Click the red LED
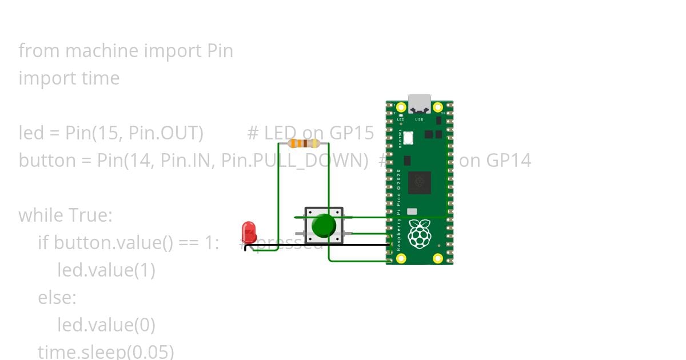[249, 232]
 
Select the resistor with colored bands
[304, 143]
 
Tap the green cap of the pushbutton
[324, 226]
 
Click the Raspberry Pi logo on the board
[420, 233]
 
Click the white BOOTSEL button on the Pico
[408, 138]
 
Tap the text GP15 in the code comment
[352, 133]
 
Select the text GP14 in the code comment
[509, 161]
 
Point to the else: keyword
[57, 298]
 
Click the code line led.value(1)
[106, 270]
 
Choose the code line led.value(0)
[106, 325]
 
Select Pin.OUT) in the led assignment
[166, 133]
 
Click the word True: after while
[90, 215]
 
